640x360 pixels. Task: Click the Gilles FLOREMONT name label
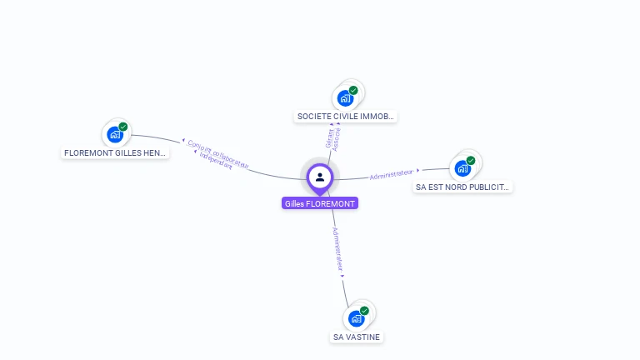pyautogui.click(x=320, y=203)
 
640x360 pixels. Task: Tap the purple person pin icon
pyautogui.click(x=320, y=177)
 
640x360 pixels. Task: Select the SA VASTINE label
pyautogui.click(x=356, y=337)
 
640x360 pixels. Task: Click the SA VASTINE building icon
pyautogui.click(x=356, y=318)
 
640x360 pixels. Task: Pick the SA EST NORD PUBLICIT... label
pyautogui.click(x=462, y=187)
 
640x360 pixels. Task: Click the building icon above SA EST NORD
pyautogui.click(x=462, y=168)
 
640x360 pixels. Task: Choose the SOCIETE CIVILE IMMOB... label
pyautogui.click(x=345, y=117)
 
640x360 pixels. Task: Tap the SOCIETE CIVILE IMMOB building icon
pyautogui.click(x=344, y=97)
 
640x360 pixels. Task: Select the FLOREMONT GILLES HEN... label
pyautogui.click(x=115, y=153)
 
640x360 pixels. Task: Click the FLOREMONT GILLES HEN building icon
pyautogui.click(x=114, y=134)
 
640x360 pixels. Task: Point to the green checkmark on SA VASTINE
pyautogui.click(x=364, y=311)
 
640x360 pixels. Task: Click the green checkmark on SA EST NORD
pyautogui.click(x=470, y=161)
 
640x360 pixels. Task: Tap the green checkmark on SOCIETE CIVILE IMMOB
pyautogui.click(x=352, y=90)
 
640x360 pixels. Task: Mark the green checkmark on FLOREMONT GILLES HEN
pyautogui.click(x=122, y=127)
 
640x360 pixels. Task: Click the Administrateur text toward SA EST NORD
pyautogui.click(x=391, y=174)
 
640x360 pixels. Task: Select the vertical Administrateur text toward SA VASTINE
pyautogui.click(x=337, y=249)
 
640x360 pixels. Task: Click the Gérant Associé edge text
pyautogui.click(x=333, y=138)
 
